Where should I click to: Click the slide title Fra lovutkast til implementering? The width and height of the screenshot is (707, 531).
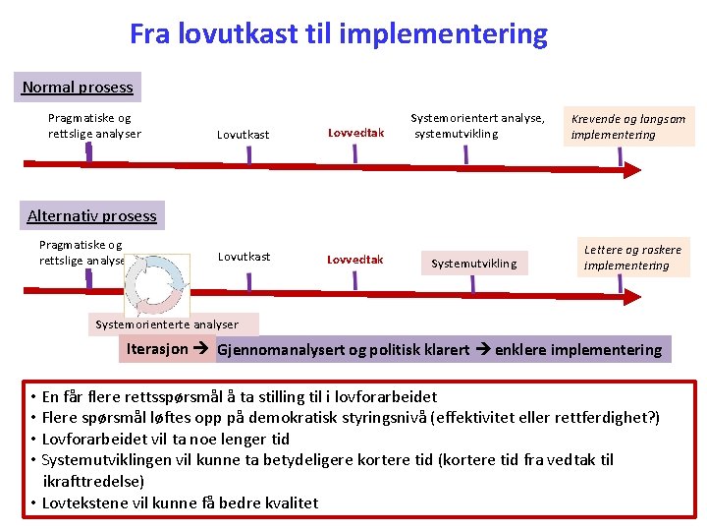point(339,34)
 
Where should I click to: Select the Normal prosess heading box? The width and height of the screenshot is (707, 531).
point(78,88)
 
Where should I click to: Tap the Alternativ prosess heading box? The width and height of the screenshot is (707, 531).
point(91,216)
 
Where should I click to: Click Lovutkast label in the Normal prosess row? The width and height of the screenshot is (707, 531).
point(244,135)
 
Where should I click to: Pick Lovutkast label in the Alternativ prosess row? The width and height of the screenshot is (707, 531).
point(245,257)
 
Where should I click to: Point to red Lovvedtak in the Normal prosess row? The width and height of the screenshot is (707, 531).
point(355,133)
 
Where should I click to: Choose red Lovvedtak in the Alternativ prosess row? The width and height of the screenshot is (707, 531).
point(354,261)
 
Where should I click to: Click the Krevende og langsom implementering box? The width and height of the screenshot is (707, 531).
point(628,127)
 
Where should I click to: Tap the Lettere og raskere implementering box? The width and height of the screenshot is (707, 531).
point(632,258)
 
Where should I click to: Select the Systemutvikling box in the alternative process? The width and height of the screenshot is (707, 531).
point(473,264)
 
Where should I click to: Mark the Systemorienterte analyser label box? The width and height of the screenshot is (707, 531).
point(167,324)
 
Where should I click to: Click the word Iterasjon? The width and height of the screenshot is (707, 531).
point(156,349)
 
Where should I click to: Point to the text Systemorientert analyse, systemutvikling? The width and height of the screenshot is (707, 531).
point(477,126)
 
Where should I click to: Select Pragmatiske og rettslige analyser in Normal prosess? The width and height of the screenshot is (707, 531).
point(94,126)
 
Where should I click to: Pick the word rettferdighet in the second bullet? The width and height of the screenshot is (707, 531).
point(601,418)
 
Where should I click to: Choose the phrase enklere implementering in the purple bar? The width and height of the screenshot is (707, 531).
point(578,350)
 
